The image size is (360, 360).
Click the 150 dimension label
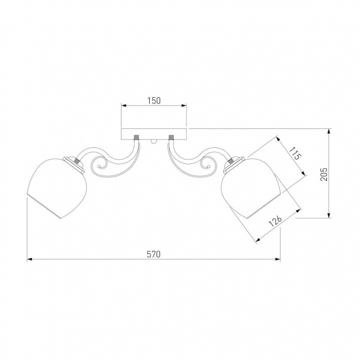click(x=154, y=101)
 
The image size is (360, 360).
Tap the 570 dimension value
click(x=153, y=254)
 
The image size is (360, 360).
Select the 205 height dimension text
click(x=324, y=174)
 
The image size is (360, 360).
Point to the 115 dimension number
click(x=295, y=153)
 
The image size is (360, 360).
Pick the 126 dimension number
click(x=275, y=221)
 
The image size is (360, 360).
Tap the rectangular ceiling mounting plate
click(x=154, y=134)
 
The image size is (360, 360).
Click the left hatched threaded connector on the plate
click(x=137, y=138)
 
